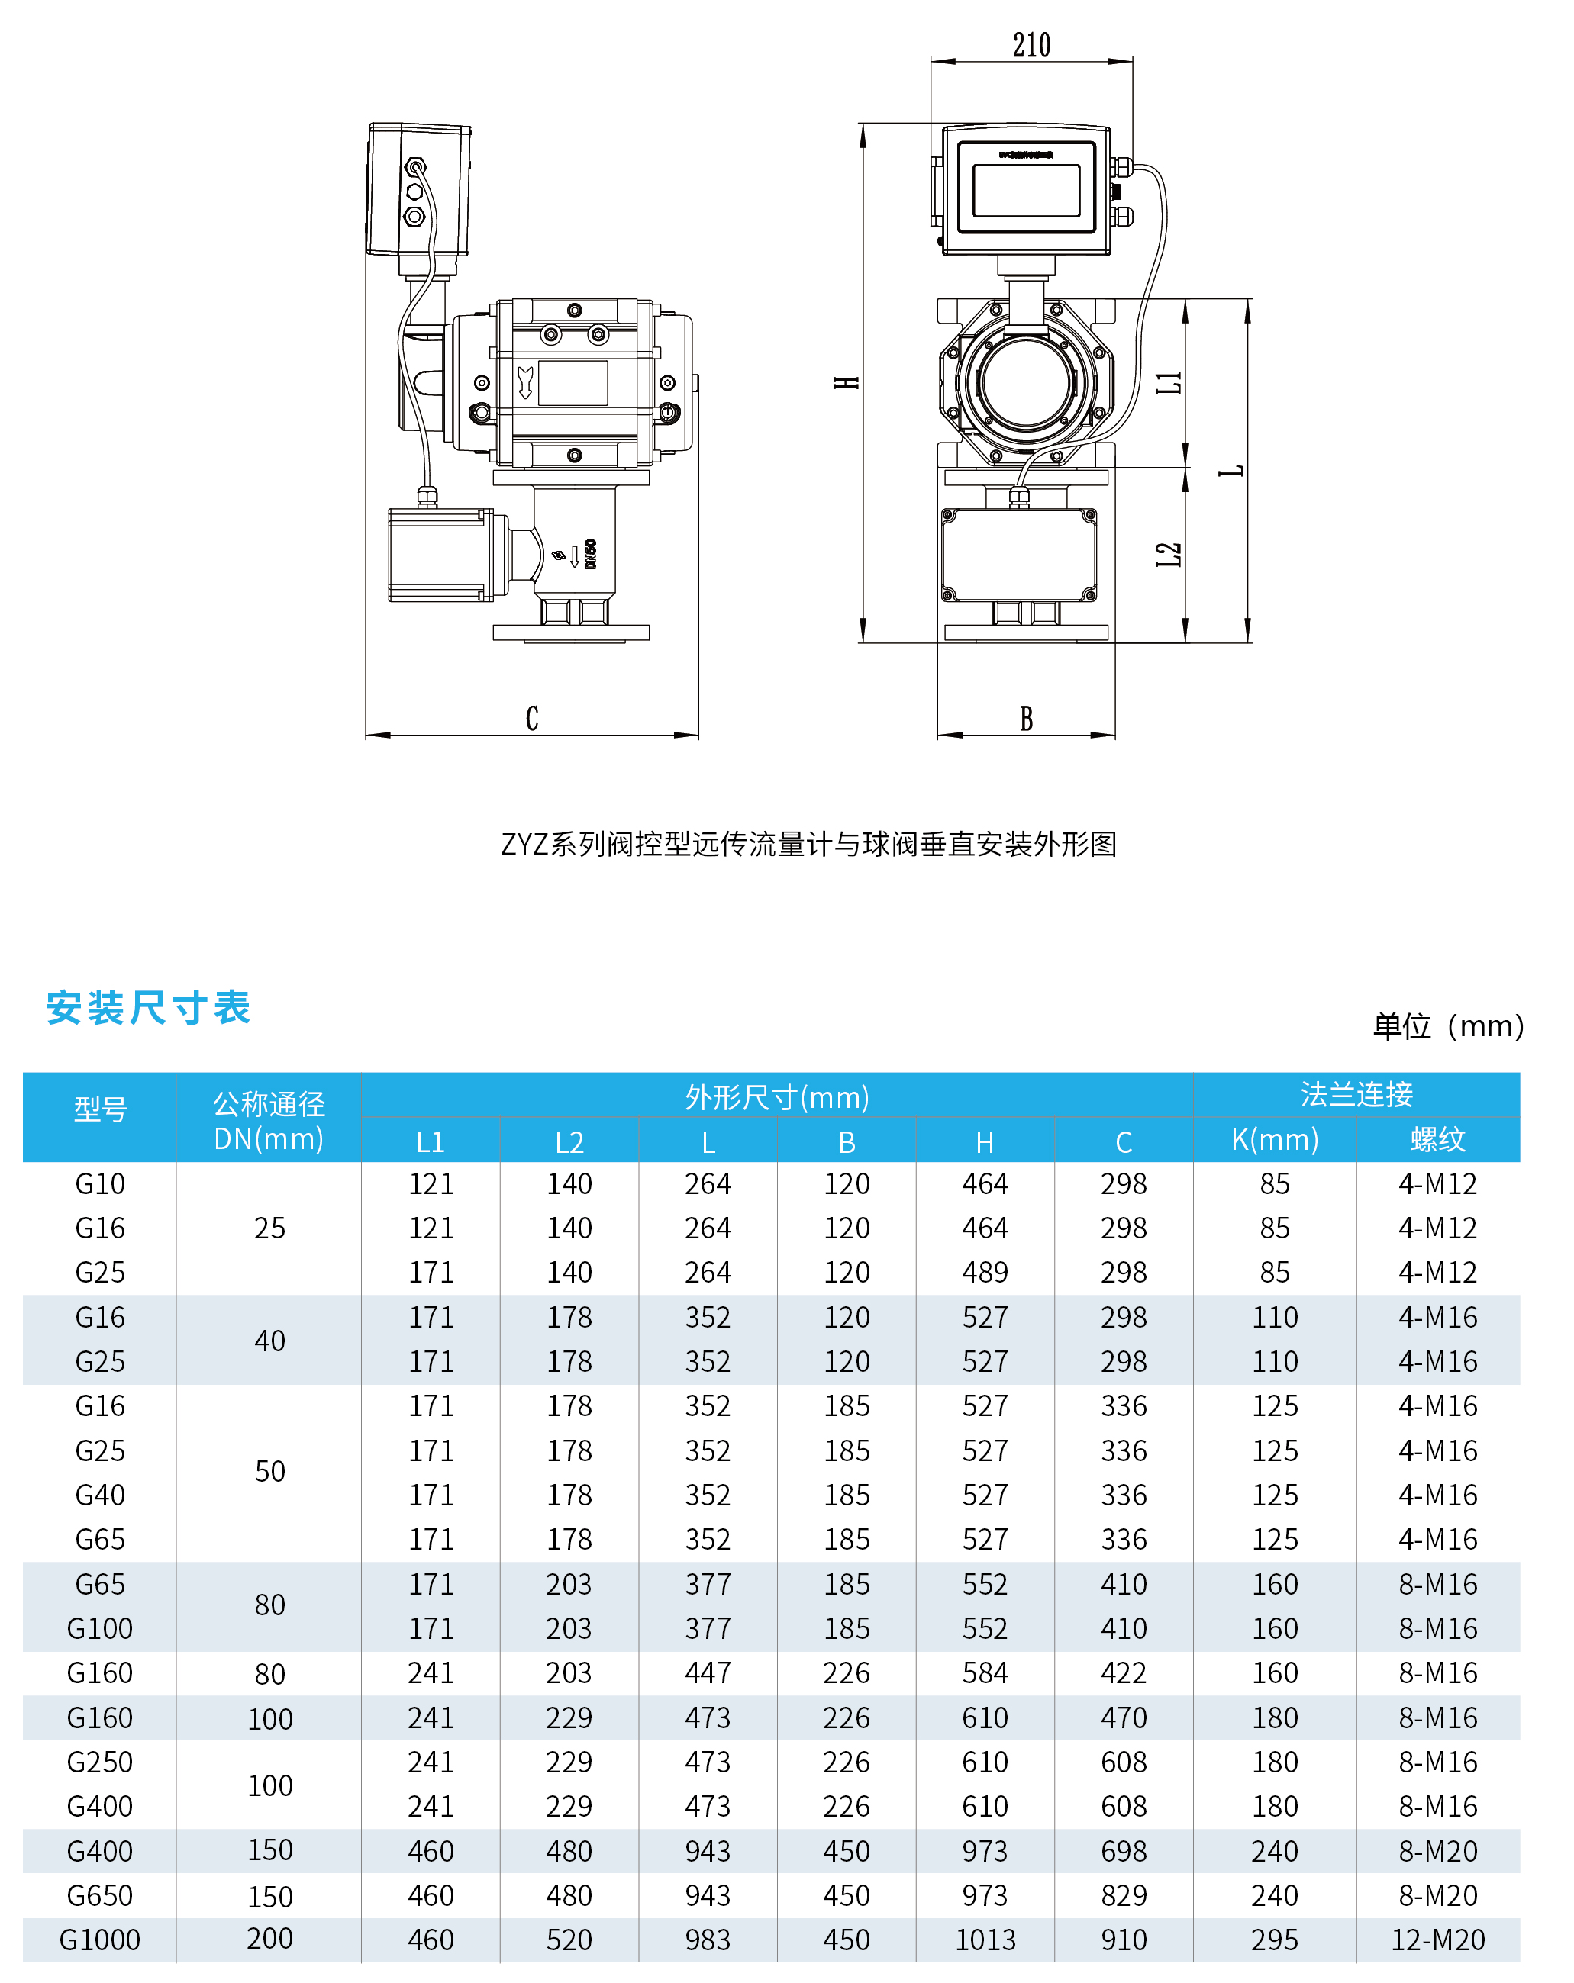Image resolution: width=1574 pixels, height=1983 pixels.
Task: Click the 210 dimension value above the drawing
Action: coord(1031,44)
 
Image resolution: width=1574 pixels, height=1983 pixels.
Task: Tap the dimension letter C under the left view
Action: coord(532,718)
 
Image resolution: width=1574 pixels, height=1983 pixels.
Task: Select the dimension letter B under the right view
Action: coord(1026,718)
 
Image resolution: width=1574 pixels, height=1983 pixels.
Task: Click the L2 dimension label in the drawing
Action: coord(1169,555)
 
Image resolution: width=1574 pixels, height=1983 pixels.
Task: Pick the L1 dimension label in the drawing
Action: coord(1169,382)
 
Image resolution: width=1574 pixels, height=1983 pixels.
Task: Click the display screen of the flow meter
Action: coord(1026,191)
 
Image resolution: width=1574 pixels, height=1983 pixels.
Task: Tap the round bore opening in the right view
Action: coord(1026,381)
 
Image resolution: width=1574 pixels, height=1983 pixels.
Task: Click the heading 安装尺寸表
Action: coord(148,1007)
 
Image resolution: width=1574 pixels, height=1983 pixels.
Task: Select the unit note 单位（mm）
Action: coord(1447,1025)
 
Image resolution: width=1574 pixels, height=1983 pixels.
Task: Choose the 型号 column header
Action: coord(99,1109)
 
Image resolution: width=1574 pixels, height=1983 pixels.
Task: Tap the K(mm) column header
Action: coord(1274,1140)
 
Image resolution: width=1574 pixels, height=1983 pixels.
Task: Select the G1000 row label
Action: coord(99,1940)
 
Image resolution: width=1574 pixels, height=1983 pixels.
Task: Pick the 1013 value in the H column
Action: coord(985,1940)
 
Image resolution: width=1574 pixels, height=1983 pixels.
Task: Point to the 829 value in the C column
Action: coord(1123,1895)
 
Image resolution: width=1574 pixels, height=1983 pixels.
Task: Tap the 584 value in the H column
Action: coord(985,1673)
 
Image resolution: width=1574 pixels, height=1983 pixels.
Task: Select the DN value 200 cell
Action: coord(269,1939)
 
